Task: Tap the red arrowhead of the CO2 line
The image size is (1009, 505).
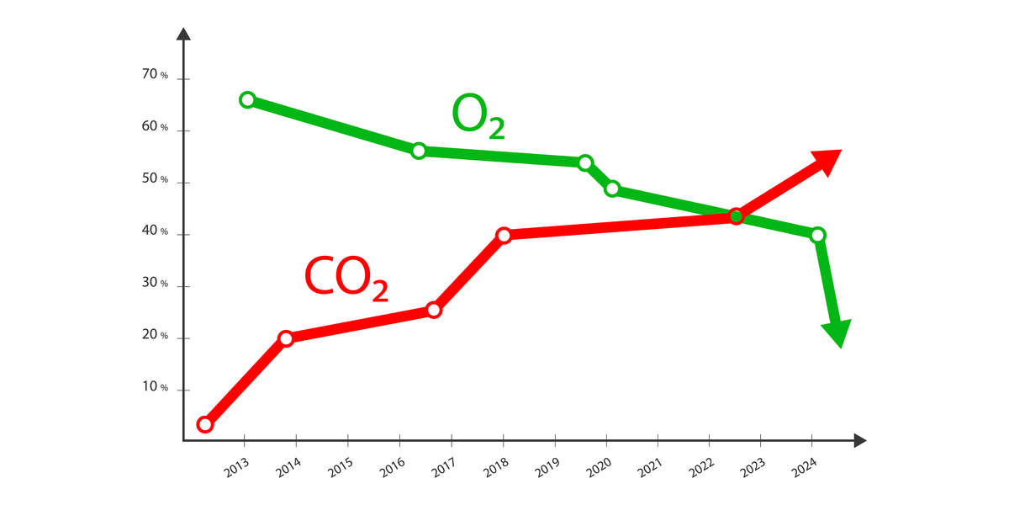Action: click(x=824, y=161)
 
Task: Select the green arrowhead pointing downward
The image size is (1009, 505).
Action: click(x=837, y=333)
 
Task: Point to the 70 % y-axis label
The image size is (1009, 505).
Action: click(x=155, y=76)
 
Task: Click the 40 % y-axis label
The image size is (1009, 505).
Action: click(x=155, y=231)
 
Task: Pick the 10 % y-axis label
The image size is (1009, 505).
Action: click(x=155, y=387)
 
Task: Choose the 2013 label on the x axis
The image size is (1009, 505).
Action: click(x=237, y=468)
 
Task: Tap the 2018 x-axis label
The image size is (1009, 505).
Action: click(x=496, y=468)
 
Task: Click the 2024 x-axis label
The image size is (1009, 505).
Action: click(x=806, y=468)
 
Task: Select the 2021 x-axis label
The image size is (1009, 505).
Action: click(x=651, y=468)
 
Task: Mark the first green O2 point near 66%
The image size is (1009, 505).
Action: click(x=247, y=100)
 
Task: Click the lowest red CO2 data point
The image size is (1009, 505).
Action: click(x=205, y=424)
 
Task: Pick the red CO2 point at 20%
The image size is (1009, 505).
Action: click(x=286, y=338)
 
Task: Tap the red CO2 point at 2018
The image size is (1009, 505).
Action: click(x=504, y=235)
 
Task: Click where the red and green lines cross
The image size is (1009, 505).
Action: click(x=736, y=216)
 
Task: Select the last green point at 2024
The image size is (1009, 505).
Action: click(x=817, y=235)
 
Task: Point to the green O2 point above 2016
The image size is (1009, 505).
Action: click(x=419, y=151)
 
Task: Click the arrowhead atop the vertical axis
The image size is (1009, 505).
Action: click(x=183, y=35)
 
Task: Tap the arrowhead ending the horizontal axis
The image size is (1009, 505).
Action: click(x=859, y=440)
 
